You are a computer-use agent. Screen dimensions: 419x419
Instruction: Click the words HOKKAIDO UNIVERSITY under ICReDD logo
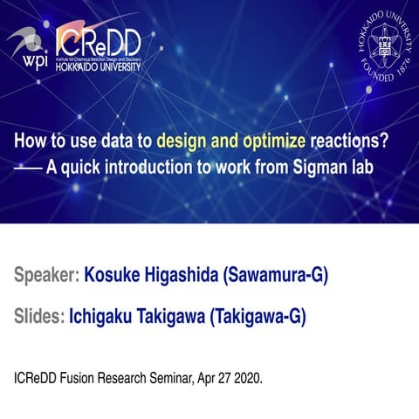[x=96, y=65]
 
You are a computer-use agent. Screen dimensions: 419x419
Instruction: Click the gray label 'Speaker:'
[x=45, y=277]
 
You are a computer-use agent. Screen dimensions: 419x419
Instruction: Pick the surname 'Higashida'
[x=184, y=277]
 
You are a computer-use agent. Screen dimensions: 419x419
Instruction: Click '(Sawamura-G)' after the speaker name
[x=276, y=277]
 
